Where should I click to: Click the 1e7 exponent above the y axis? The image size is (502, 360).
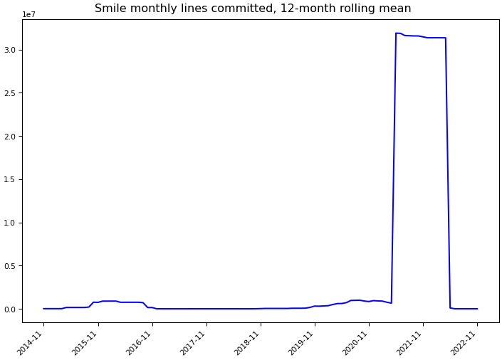point(29,14)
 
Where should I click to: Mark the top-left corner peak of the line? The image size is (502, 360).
point(396,33)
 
